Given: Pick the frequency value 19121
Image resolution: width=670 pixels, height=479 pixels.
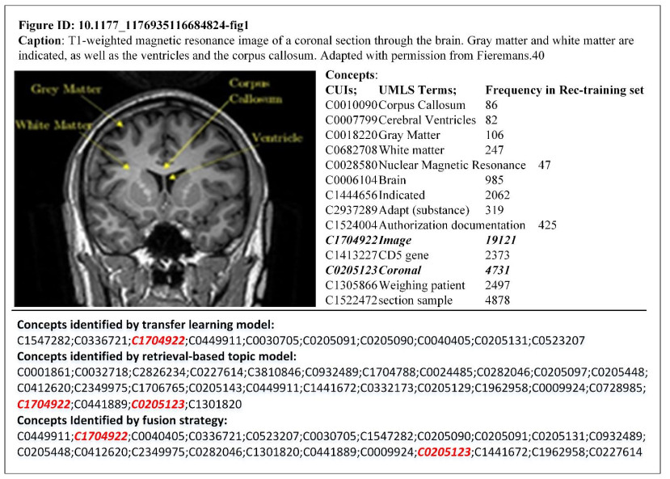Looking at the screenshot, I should click(x=501, y=240).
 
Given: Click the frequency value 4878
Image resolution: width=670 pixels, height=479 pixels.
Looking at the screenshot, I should click(x=499, y=300).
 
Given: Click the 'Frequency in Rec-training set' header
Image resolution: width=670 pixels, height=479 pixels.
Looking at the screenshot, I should click(x=564, y=90).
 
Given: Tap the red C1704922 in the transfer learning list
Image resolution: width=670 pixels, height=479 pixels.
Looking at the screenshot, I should click(x=156, y=340).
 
